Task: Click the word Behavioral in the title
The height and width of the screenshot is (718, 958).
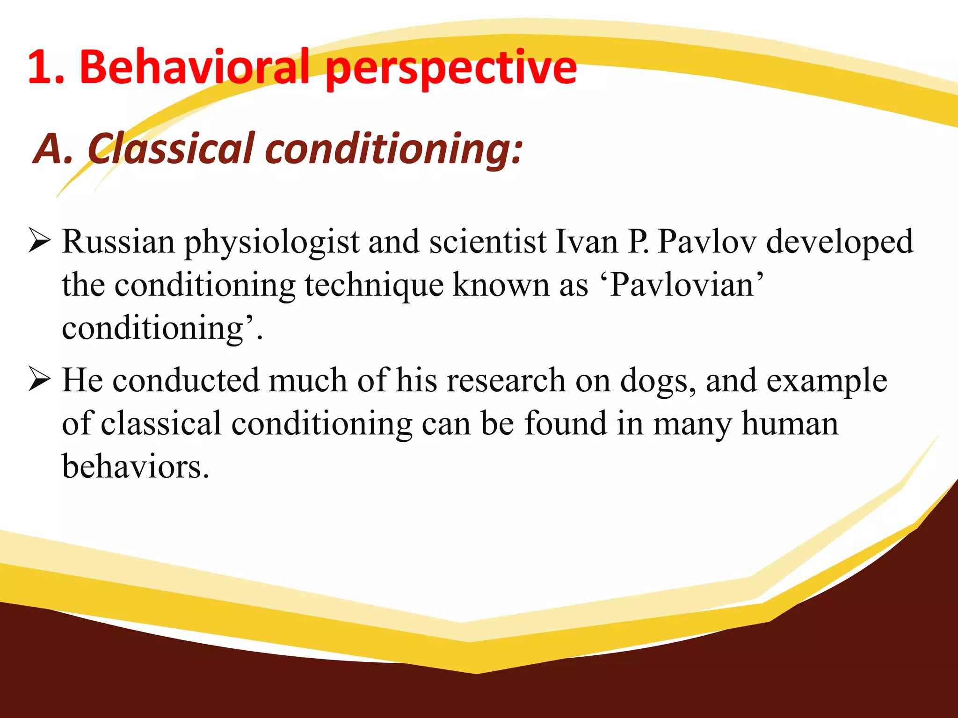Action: pos(195,68)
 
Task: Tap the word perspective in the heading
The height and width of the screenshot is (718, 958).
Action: pos(451,70)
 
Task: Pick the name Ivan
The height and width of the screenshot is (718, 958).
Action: pos(587,242)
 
